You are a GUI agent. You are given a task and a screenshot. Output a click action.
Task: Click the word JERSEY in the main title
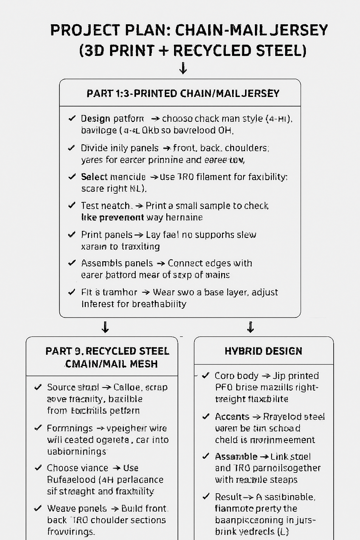tap(299, 30)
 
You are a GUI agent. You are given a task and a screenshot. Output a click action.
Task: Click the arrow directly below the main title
tap(183, 68)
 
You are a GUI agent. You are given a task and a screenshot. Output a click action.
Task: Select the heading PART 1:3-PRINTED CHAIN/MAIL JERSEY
tap(183, 94)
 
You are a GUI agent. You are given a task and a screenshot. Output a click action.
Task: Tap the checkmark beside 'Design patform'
tap(72, 118)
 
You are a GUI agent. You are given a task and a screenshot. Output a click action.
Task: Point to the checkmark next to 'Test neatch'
tap(72, 205)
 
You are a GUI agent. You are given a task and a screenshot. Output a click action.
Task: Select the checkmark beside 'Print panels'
tap(72, 234)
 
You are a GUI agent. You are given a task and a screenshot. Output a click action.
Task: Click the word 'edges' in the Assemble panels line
tap(210, 263)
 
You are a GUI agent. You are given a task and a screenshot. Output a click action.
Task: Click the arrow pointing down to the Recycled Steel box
tap(105, 327)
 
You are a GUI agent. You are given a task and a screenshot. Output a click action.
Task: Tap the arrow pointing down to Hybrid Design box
tap(250, 327)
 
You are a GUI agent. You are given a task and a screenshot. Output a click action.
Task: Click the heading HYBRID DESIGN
tap(263, 351)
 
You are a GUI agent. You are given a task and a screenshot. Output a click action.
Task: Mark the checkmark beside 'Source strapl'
tap(38, 387)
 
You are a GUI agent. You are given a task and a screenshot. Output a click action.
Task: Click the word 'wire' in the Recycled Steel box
tap(158, 428)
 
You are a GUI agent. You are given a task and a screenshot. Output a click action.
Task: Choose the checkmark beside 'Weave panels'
tap(38, 509)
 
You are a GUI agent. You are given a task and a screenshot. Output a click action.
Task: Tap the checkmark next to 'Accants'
tap(206, 417)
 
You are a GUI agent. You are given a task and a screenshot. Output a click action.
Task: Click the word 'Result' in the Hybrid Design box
tap(229, 497)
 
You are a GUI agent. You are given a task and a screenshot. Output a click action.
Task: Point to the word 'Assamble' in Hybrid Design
tap(236, 457)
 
